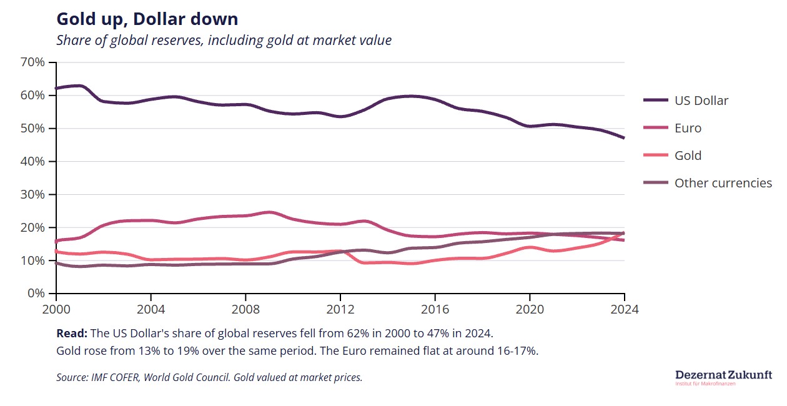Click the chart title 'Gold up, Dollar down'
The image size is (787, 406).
point(147,19)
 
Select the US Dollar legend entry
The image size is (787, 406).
point(701,101)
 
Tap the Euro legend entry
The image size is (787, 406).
point(688,128)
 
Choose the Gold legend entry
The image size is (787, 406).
point(688,156)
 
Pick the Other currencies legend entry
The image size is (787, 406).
point(723,183)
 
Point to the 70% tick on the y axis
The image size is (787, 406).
point(32,62)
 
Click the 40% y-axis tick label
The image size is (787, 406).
point(32,161)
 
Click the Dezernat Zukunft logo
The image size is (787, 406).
point(723,377)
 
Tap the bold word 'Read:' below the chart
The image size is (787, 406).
point(72,332)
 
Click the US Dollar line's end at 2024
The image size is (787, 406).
point(624,138)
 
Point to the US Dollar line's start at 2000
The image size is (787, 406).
point(57,89)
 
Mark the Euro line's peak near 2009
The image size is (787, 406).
point(269,212)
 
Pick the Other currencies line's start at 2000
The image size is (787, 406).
point(57,263)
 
